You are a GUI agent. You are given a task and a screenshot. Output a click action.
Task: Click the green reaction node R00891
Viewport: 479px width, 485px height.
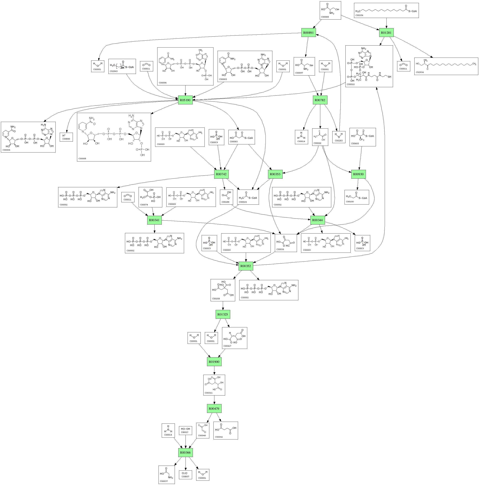click(308, 33)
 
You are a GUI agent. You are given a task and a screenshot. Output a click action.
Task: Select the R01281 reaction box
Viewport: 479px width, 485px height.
click(386, 33)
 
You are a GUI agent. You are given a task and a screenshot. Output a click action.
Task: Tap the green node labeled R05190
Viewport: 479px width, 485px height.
click(185, 100)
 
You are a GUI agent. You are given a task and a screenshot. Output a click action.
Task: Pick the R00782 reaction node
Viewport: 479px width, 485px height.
click(320, 100)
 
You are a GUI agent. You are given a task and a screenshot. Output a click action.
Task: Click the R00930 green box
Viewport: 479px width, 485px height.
click(358, 174)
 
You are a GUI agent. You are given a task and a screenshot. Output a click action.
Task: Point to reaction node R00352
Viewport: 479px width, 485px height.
click(246, 266)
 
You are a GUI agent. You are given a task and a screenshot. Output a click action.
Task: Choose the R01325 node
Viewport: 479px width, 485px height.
click(223, 314)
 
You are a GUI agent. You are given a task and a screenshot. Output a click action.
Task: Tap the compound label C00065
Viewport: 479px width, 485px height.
click(325, 17)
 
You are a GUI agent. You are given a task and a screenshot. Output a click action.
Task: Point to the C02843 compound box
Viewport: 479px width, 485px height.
click(122, 66)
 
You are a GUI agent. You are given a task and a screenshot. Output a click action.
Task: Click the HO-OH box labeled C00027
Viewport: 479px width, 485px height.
click(185, 430)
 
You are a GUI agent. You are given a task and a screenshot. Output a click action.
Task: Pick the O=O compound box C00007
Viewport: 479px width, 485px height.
click(185, 474)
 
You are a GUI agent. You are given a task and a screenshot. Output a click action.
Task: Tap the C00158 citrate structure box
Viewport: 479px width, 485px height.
click(223, 290)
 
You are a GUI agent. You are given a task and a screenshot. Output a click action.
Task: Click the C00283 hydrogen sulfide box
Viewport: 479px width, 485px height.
click(339, 137)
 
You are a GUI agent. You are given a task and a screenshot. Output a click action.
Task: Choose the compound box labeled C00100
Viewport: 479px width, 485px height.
click(357, 197)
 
